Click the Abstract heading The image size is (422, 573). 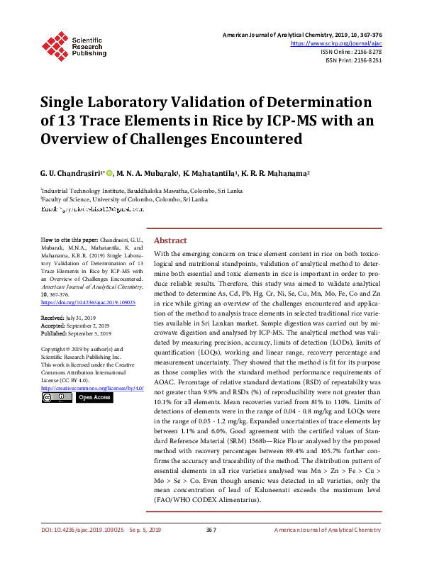[x=171, y=240]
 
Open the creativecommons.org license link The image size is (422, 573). [x=92, y=388]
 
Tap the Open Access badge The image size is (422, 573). [x=94, y=398]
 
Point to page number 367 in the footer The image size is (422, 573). [x=211, y=550]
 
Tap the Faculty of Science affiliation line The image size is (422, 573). [x=125, y=200]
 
